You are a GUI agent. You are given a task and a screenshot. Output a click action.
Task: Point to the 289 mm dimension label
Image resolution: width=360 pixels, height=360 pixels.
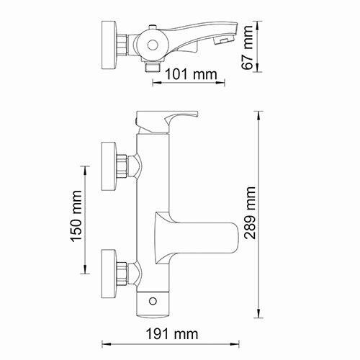251,215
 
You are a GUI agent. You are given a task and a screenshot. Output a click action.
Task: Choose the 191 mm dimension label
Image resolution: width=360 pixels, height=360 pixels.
176,333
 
